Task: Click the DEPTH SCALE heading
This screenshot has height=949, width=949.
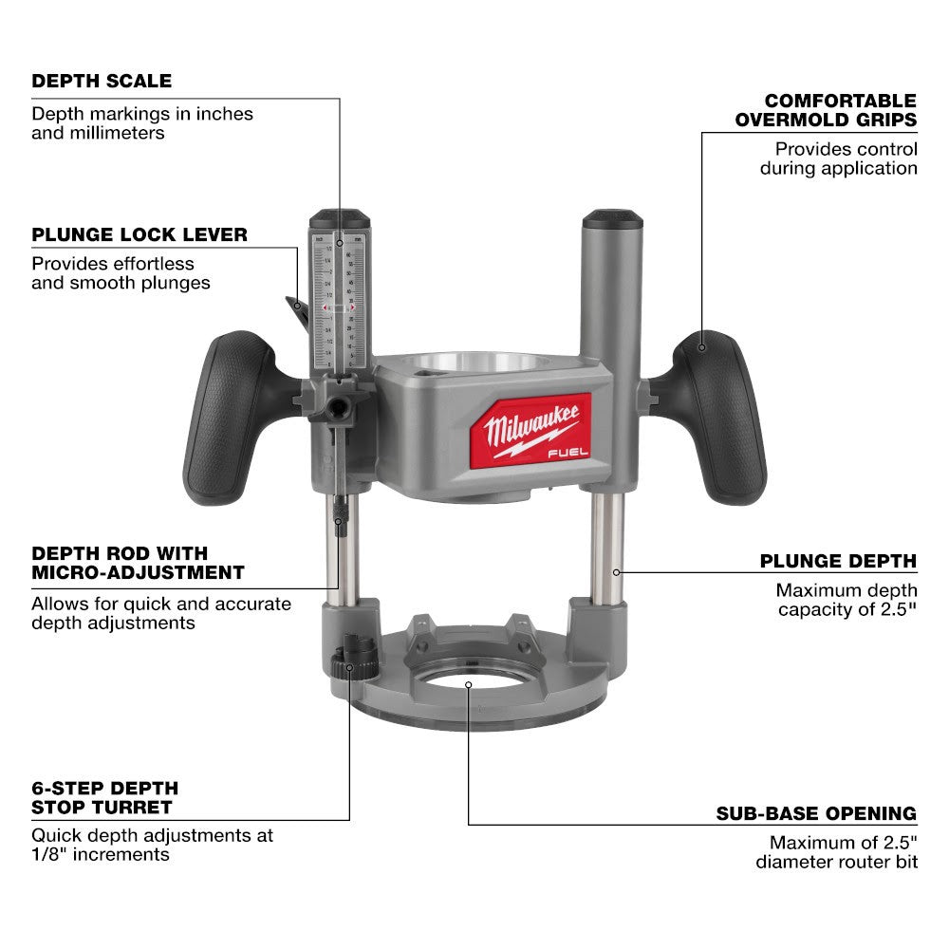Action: click(102, 81)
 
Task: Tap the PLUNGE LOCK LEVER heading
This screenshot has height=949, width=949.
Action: click(139, 234)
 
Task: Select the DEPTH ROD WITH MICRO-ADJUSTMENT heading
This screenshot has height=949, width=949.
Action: click(138, 563)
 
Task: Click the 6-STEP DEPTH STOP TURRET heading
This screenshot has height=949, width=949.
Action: click(104, 798)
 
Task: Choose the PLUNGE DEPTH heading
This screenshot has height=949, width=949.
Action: click(838, 561)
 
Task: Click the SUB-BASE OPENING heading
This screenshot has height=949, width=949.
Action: click(816, 813)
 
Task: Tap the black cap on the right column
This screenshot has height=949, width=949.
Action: click(612, 221)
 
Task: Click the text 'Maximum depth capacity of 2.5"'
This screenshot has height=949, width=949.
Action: click(847, 600)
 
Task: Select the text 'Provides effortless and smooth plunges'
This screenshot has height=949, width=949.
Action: click(121, 273)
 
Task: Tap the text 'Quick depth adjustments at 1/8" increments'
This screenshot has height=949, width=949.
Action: click(152, 845)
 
